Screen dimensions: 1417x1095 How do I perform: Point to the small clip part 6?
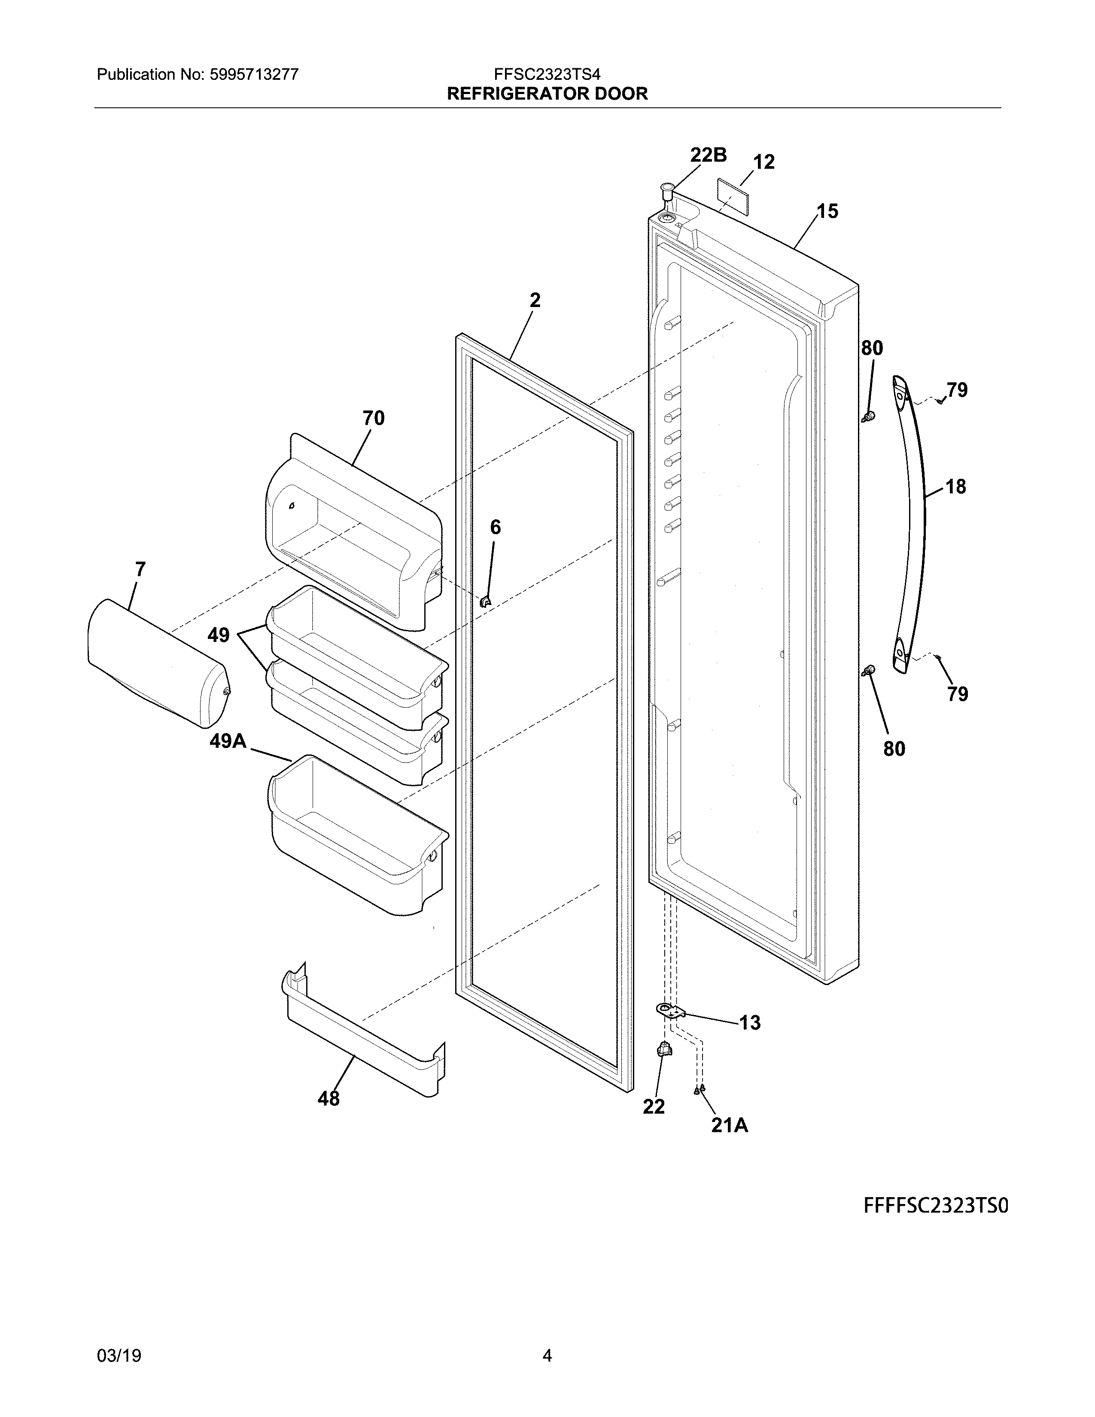485,602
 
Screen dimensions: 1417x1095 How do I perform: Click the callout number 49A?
228,740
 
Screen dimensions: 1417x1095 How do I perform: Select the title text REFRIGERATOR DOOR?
547,94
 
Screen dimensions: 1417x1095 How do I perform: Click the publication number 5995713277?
254,75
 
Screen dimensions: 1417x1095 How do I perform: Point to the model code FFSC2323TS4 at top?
547,75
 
